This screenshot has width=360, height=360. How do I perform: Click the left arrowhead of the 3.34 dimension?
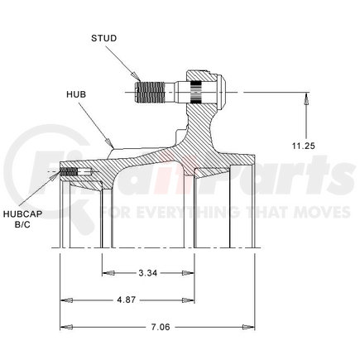point(106,271)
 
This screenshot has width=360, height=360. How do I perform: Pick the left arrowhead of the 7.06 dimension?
point(64,326)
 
